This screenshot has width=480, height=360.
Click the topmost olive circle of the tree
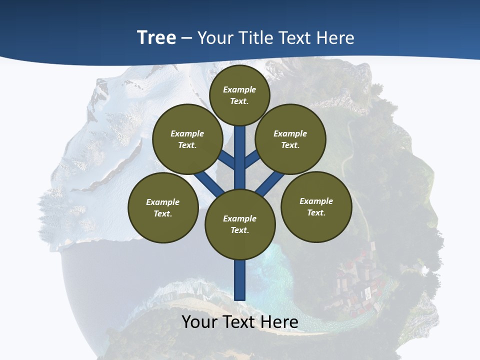click(239, 95)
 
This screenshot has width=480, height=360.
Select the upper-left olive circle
click(187, 139)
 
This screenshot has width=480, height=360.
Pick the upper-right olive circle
click(290, 139)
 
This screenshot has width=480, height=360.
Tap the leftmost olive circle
click(163, 207)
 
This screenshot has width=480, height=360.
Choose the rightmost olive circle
click(316, 206)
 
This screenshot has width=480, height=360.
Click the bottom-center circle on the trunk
click(240, 224)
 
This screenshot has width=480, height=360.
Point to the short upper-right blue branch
click(252, 159)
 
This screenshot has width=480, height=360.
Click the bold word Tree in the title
click(156, 38)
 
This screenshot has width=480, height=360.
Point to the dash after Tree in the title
click(187, 38)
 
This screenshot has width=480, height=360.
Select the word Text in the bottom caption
click(239, 322)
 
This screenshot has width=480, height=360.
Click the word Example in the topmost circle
click(239, 89)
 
